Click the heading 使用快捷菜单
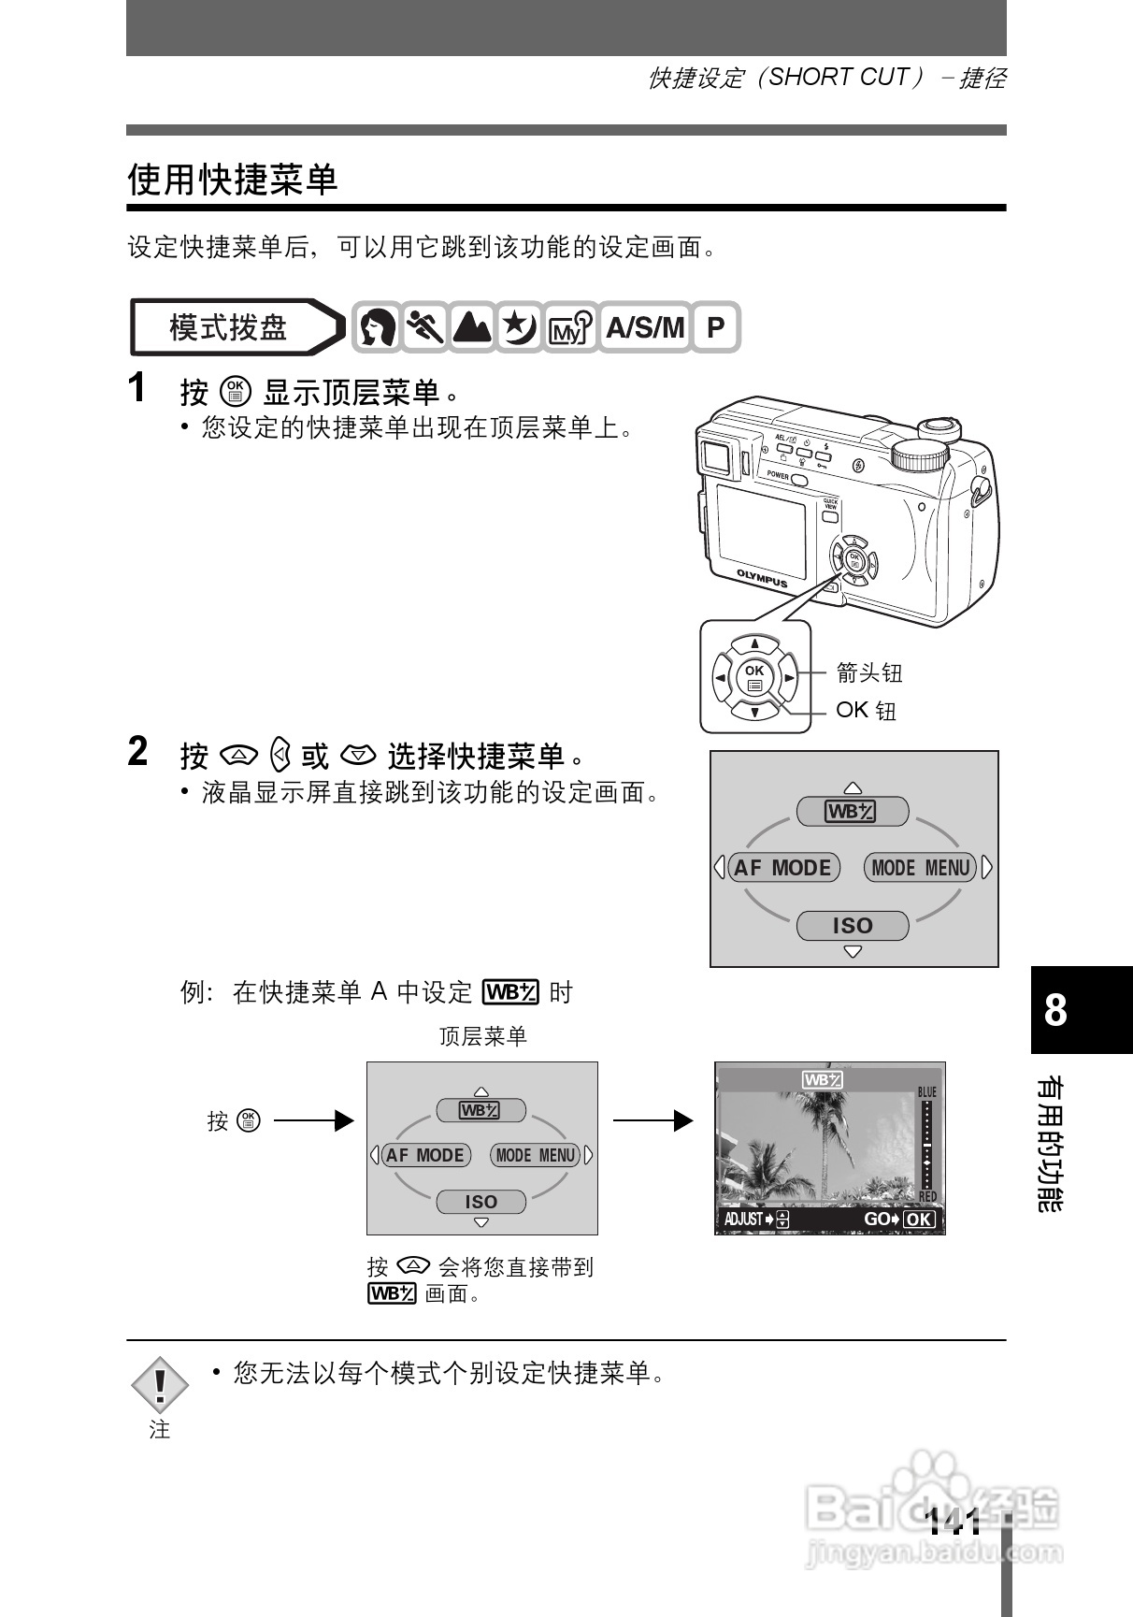click(x=232, y=179)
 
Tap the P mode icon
click(x=715, y=327)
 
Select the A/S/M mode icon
click(x=645, y=327)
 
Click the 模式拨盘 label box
click(x=228, y=327)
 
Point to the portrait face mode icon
click(x=377, y=327)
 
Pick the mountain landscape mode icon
click(x=472, y=327)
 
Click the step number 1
click(x=137, y=388)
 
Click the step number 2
click(x=137, y=751)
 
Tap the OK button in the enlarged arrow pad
click(x=754, y=677)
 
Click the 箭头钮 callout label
click(x=869, y=672)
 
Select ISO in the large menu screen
click(x=852, y=926)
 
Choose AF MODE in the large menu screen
click(x=782, y=868)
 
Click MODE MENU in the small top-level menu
click(x=536, y=1155)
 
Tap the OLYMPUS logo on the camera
click(x=761, y=578)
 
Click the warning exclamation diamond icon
click(x=160, y=1384)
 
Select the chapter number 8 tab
click(x=1056, y=1010)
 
